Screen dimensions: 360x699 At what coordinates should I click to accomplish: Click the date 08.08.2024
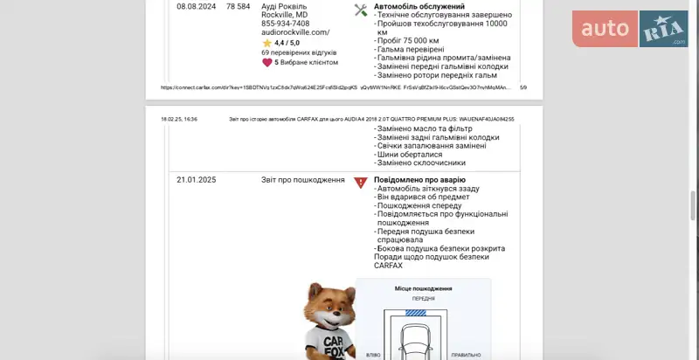click(196, 6)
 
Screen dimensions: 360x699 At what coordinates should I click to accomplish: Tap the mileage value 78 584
click(238, 6)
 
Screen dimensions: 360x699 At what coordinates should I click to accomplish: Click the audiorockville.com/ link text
click(295, 32)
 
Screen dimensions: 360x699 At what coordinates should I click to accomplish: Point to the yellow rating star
click(267, 43)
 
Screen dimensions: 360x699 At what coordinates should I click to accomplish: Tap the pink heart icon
click(267, 62)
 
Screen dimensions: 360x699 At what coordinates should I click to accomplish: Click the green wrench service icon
click(361, 10)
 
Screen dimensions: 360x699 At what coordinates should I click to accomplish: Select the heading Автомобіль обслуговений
click(419, 6)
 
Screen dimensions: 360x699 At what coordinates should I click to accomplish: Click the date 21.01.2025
click(196, 180)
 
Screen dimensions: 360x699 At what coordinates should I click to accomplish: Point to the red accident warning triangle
click(361, 183)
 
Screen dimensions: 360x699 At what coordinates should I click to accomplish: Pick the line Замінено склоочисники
click(421, 163)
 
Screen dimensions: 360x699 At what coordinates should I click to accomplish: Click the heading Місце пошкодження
click(423, 288)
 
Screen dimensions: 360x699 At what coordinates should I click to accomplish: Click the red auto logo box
click(606, 29)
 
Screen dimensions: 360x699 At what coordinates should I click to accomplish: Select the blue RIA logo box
click(663, 29)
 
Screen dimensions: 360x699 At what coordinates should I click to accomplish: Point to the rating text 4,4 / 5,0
click(287, 43)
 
